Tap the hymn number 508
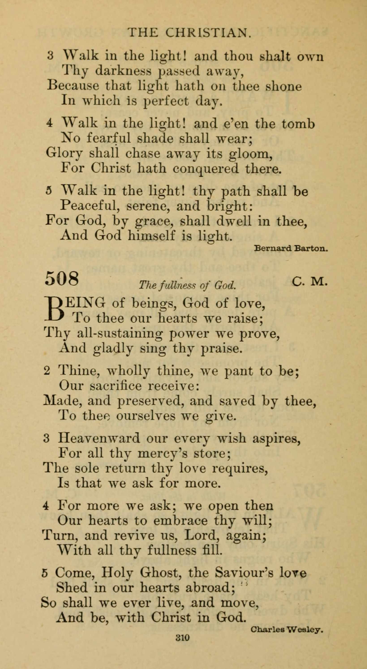coord(62,278)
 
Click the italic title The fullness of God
coord(187,285)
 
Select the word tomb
coord(298,124)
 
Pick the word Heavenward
coord(99,439)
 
